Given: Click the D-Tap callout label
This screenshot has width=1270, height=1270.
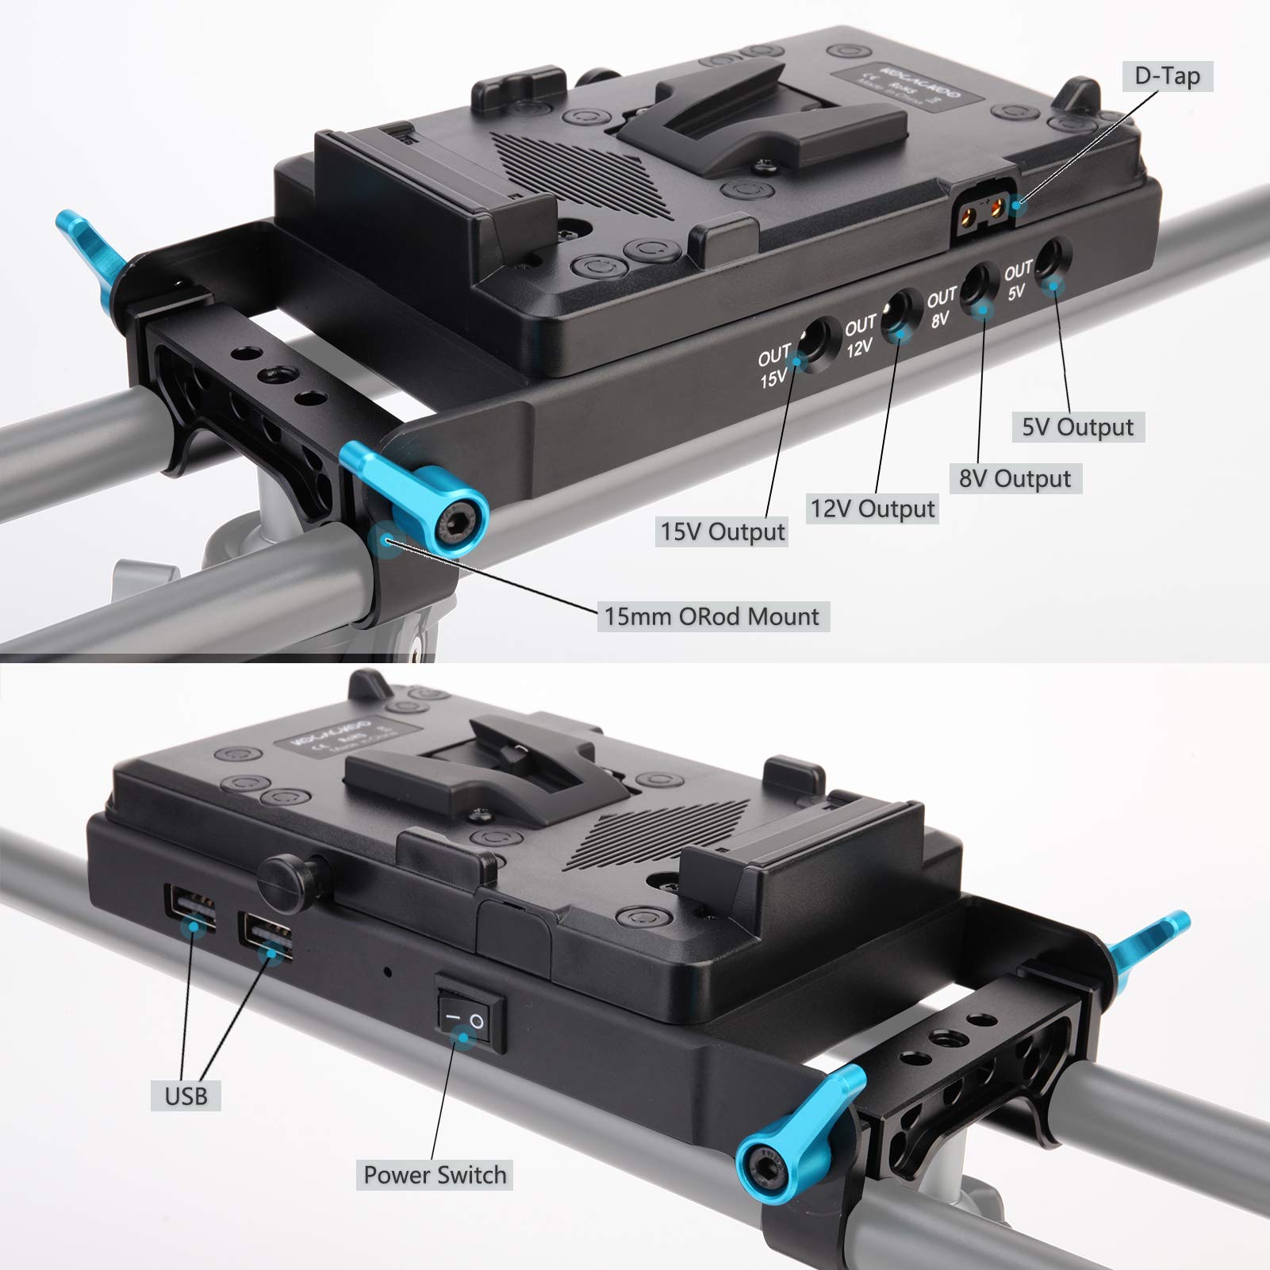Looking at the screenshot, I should [x=1167, y=76].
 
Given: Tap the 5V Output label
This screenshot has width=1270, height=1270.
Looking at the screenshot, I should [x=1077, y=427].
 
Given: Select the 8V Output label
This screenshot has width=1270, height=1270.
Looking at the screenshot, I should [x=1015, y=478].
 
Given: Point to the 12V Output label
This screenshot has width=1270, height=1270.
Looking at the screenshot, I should [x=873, y=508].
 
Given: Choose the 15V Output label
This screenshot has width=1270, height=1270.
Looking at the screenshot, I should [x=723, y=531].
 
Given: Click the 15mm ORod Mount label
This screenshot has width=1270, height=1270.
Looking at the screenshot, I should [x=712, y=616].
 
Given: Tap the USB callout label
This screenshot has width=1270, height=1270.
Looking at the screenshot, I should [x=186, y=1096].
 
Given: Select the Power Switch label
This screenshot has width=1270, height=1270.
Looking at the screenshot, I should [x=435, y=1175].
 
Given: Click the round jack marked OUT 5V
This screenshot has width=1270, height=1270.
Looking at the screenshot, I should [x=1051, y=264].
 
